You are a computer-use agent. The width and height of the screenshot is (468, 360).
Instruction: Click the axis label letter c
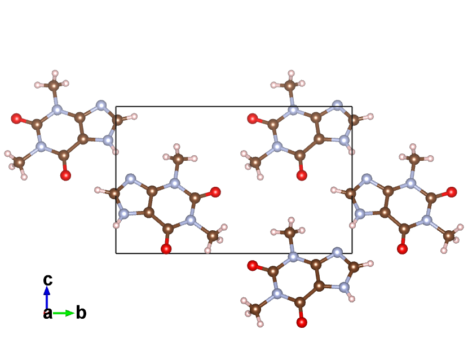[48, 279]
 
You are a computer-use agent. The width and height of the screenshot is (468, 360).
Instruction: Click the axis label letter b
[81, 313]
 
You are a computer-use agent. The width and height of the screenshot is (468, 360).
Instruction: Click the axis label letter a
[48, 314]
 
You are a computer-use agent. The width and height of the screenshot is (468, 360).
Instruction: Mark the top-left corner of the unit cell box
[116, 107]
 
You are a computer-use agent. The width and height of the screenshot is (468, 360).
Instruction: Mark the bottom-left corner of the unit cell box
[116, 253]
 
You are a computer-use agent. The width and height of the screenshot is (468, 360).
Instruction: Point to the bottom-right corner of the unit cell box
[352, 253]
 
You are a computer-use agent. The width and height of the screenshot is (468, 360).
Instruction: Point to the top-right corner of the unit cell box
[352, 107]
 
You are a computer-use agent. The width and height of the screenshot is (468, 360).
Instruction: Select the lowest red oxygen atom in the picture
[302, 323]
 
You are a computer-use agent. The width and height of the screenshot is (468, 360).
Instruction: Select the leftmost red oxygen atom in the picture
[16, 118]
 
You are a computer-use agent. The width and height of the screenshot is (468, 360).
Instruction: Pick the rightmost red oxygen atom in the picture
[452, 193]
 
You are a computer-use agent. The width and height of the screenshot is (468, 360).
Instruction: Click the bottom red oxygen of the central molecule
[166, 249]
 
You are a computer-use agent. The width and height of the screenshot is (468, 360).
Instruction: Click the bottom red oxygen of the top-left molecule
[65, 175]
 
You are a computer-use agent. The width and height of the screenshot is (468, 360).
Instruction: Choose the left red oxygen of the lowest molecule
[252, 265]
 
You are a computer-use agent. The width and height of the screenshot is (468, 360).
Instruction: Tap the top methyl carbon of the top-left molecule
[54, 86]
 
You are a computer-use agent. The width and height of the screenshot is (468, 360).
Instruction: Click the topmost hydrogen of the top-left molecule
[55, 73]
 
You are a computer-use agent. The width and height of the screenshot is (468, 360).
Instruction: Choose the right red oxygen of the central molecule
[215, 193]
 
